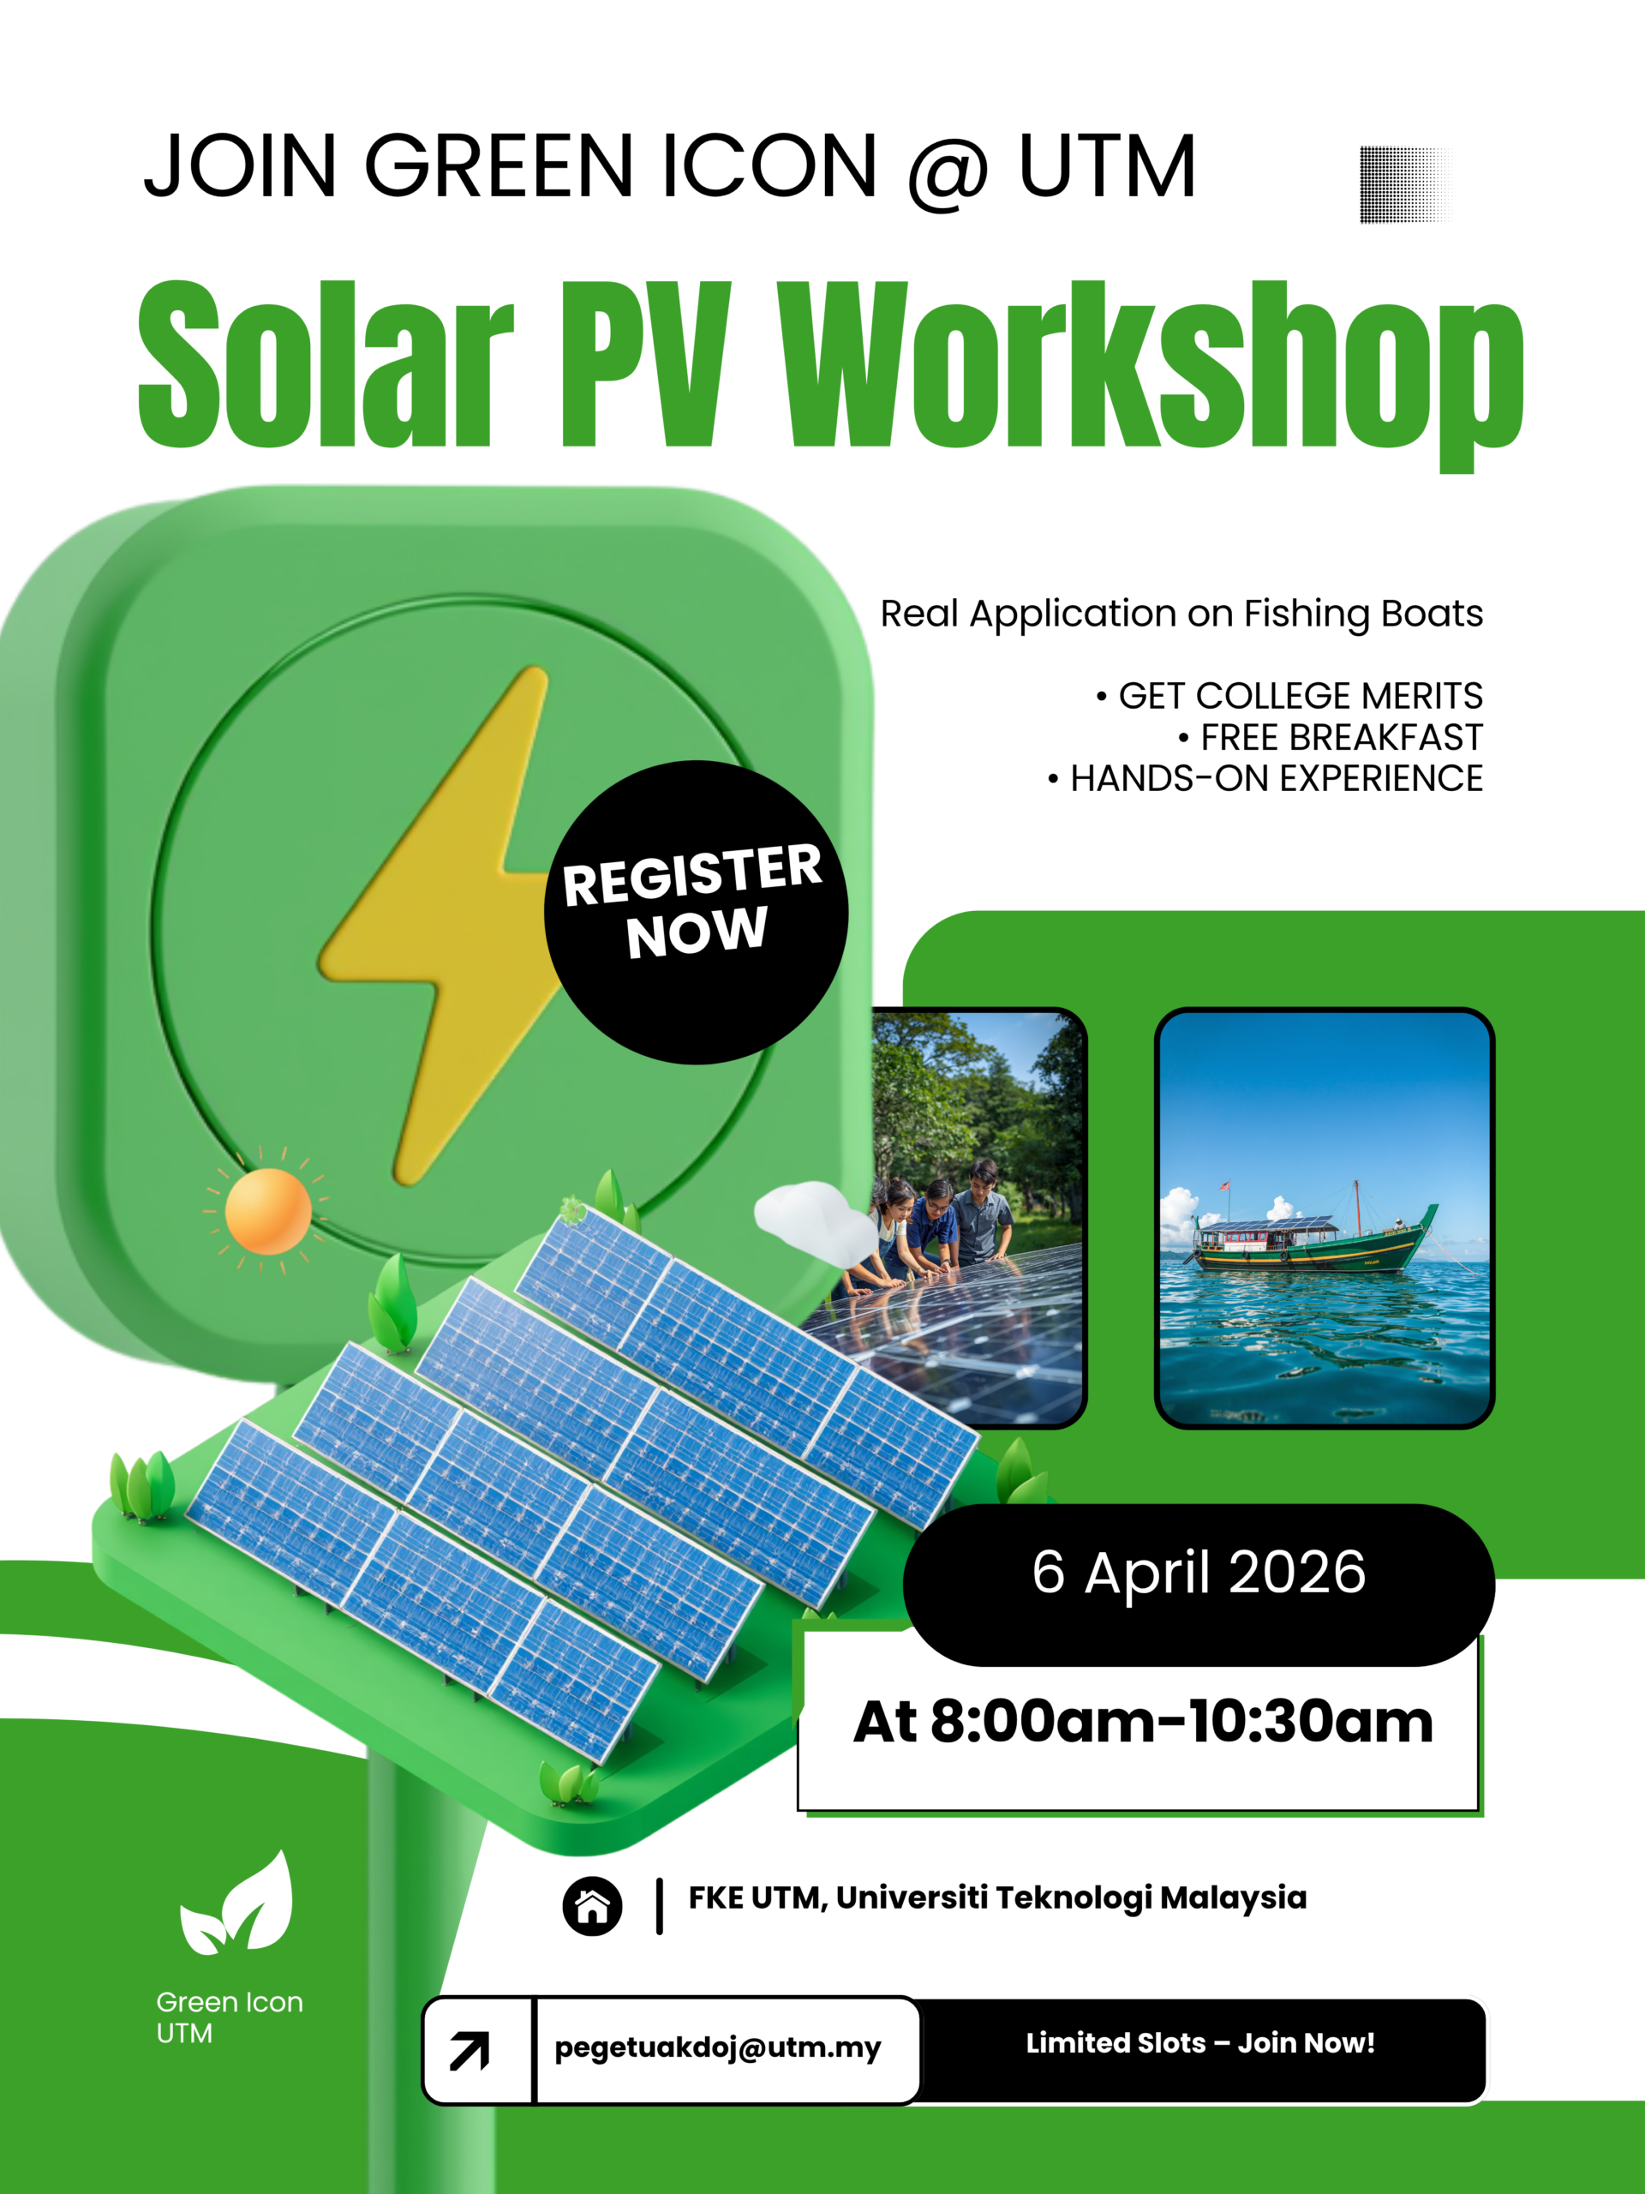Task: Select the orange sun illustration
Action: pos(267,1211)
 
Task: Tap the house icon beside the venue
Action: pos(592,1906)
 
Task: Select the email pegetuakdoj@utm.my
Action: pos(718,2047)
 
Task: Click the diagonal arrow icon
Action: pos(470,2050)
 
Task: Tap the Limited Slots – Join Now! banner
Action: pos(1199,2043)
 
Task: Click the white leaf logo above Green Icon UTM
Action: pos(238,1904)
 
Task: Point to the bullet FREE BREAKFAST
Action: pos(1341,738)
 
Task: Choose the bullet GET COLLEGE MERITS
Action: pos(1299,696)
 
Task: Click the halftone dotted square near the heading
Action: pos(1403,184)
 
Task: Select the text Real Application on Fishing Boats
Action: pos(1181,614)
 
